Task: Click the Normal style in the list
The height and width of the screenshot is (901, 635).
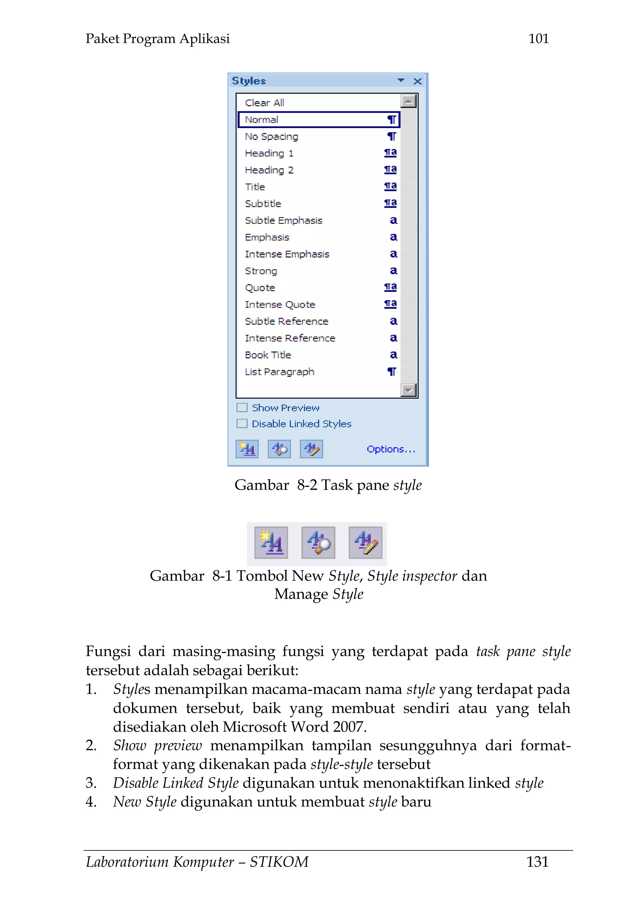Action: pyautogui.click(x=261, y=120)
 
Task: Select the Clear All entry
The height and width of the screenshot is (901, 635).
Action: pyautogui.click(x=264, y=103)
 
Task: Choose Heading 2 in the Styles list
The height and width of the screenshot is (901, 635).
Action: pyautogui.click(x=269, y=170)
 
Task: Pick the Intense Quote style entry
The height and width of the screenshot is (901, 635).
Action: pyautogui.click(x=280, y=304)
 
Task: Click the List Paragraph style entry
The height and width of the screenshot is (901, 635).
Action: pyautogui.click(x=279, y=372)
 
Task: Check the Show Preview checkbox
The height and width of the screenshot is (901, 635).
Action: pyautogui.click(x=242, y=407)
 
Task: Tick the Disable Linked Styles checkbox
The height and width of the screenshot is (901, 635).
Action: pyautogui.click(x=242, y=424)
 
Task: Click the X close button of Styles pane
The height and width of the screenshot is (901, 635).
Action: pyautogui.click(x=417, y=81)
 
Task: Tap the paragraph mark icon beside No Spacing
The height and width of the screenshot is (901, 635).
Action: pyautogui.click(x=391, y=136)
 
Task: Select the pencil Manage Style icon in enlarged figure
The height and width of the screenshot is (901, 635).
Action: pyautogui.click(x=365, y=542)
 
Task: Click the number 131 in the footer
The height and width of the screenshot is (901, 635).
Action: pyautogui.click(x=537, y=862)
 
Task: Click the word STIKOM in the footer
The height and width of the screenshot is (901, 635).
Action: pyautogui.click(x=279, y=862)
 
